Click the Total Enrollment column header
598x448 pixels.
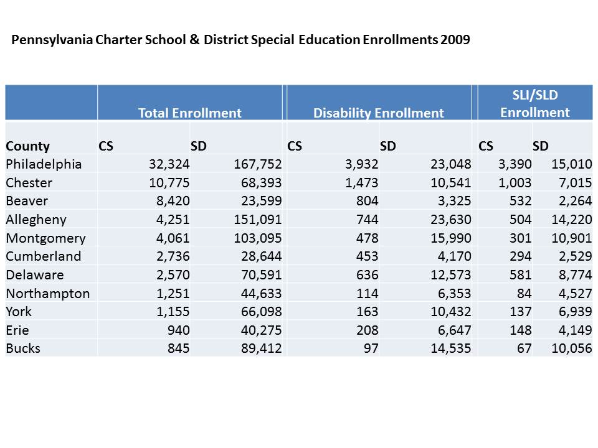189,113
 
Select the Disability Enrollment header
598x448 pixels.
378,113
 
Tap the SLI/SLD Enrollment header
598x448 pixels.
535,103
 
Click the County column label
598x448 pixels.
27,147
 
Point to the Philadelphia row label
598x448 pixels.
44,165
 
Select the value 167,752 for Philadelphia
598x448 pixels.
258,165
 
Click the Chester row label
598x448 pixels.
29,183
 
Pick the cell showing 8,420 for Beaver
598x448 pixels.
172,201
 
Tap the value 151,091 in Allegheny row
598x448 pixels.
258,220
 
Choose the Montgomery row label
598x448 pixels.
46,238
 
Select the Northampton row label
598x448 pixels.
48,293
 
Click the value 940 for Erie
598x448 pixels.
177,330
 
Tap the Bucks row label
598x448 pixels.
23,348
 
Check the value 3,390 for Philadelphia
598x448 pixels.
515,165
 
